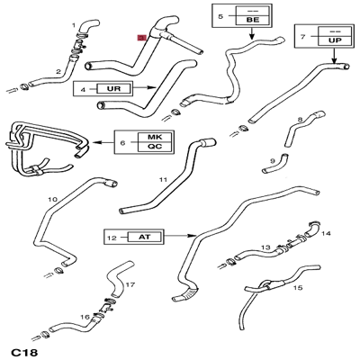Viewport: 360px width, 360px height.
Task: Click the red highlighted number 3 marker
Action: click(x=141, y=38)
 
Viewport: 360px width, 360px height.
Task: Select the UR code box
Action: click(x=114, y=88)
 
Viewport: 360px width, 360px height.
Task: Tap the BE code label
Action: click(x=253, y=20)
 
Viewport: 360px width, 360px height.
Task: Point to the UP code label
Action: click(x=335, y=40)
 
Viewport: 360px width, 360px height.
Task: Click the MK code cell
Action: click(x=155, y=137)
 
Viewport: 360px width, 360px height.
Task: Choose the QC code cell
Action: click(x=155, y=147)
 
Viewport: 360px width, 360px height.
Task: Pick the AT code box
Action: click(x=145, y=237)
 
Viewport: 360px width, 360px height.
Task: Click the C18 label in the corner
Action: click(x=24, y=352)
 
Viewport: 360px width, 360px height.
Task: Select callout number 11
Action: click(x=163, y=180)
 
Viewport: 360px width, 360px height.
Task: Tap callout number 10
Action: click(x=52, y=199)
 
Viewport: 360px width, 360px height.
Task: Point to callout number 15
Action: click(x=298, y=288)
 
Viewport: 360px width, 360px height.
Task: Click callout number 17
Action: click(x=130, y=284)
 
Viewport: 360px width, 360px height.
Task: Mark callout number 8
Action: click(x=300, y=120)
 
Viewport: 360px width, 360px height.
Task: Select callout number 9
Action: click(x=273, y=161)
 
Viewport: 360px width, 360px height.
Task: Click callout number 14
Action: click(x=326, y=233)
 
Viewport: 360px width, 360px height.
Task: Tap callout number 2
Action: click(x=58, y=72)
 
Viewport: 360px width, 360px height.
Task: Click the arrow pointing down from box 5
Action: click(x=252, y=33)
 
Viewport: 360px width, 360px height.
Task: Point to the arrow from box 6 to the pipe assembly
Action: click(x=102, y=142)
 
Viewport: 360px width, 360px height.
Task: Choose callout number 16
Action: click(x=85, y=317)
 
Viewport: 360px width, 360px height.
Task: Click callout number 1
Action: click(x=74, y=25)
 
